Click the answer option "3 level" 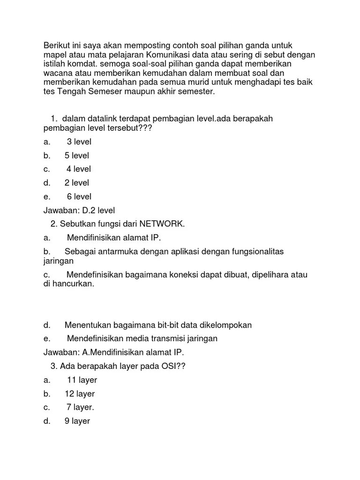(x=79, y=142)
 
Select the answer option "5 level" (x=76, y=155)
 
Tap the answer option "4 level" (x=78, y=169)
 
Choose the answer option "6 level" (x=79, y=196)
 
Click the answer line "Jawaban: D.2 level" (x=79, y=210)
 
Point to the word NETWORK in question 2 (x=164, y=224)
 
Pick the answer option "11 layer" (x=82, y=380)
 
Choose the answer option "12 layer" (x=80, y=394)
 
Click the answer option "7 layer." (x=80, y=407)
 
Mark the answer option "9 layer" (x=77, y=421)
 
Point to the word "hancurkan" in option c (x=73, y=284)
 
